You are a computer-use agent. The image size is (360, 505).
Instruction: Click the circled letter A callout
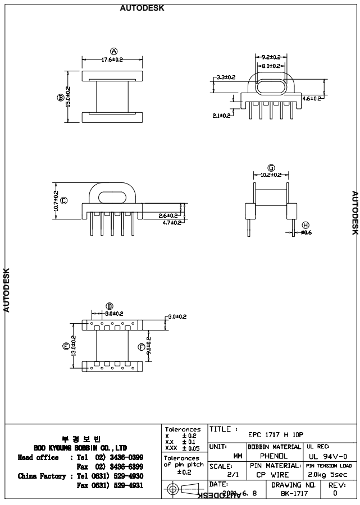point(113,52)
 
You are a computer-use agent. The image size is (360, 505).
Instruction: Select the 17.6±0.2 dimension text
point(112,59)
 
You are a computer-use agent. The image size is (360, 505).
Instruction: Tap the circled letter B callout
point(60,97)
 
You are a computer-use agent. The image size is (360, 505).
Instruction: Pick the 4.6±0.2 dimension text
point(312,99)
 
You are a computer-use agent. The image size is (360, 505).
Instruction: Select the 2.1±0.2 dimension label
point(222,116)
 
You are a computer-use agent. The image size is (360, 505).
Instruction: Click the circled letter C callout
point(63,200)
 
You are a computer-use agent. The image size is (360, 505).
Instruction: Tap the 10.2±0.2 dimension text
point(271,175)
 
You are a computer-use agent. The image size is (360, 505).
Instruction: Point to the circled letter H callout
point(305,224)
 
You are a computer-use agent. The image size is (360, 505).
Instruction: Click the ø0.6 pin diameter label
point(306,232)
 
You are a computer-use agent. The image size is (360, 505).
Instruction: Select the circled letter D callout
point(110,306)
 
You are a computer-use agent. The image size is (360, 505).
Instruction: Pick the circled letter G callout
point(271,167)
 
